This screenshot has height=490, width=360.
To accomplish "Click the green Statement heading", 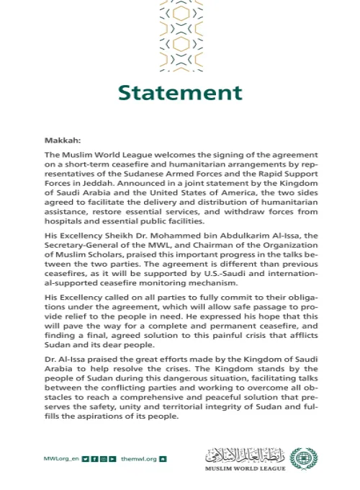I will tap(180, 93).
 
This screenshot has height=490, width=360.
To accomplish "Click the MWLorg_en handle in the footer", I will tap(61, 458).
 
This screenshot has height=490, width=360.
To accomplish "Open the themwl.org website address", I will tap(138, 458).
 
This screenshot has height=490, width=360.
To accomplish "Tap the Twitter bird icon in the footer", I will tap(85, 458).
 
